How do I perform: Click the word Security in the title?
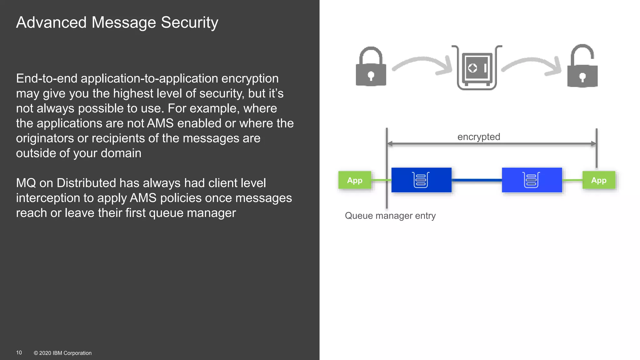189,22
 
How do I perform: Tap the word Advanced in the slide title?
51,22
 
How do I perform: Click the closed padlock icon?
371,67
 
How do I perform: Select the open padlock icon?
582,67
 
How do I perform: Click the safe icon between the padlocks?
477,68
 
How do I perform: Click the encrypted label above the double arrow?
478,137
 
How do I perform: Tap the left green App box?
355,180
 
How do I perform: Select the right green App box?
599,180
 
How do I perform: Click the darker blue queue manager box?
421,180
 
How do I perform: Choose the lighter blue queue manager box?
532,180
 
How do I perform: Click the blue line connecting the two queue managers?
477,180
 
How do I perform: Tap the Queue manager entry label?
390,216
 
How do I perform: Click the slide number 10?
19,352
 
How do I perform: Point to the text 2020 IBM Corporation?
65,353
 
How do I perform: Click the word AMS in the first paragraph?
160,123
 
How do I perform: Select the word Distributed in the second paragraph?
82,183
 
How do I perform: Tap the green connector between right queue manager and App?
572,180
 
